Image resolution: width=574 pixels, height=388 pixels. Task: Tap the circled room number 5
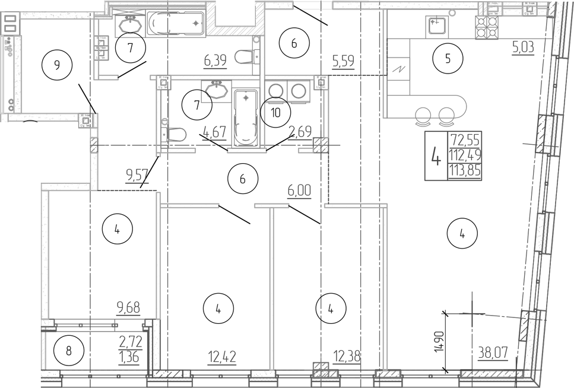[x=448, y=58]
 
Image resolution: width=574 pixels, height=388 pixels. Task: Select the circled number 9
[x=57, y=65]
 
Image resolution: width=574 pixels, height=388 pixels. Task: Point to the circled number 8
[x=68, y=351]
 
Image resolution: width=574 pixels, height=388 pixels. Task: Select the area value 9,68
[x=129, y=308]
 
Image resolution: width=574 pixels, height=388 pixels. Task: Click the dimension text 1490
[x=438, y=342]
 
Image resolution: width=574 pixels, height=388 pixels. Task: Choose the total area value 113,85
[x=466, y=172]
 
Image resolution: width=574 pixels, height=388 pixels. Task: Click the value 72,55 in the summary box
[x=466, y=141]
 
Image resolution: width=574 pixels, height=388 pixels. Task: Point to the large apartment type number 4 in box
[x=436, y=156]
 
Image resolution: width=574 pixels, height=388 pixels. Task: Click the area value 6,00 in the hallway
[x=299, y=192]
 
